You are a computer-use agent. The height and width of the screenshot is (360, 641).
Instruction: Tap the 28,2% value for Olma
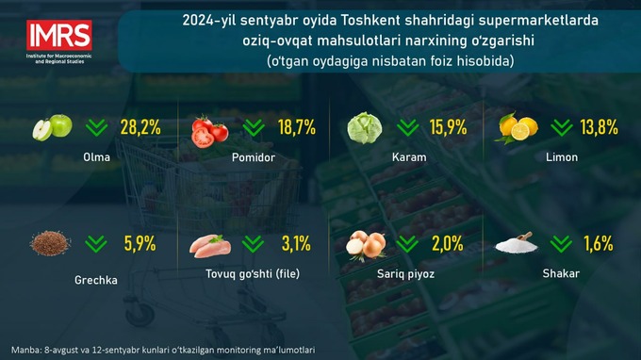click(140, 128)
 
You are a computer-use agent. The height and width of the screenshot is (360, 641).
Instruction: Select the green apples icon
click(53, 128)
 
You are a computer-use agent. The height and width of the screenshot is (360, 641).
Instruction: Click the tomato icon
click(210, 130)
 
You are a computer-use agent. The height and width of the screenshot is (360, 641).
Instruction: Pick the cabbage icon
click(366, 128)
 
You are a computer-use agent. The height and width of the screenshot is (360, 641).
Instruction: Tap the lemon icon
click(518, 128)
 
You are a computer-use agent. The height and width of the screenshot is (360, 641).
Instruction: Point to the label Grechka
click(96, 280)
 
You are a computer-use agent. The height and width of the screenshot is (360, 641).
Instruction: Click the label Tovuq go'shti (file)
click(252, 274)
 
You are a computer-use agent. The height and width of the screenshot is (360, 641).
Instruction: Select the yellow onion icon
click(367, 246)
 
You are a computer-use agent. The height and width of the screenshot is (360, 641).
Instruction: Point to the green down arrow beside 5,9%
click(95, 245)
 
